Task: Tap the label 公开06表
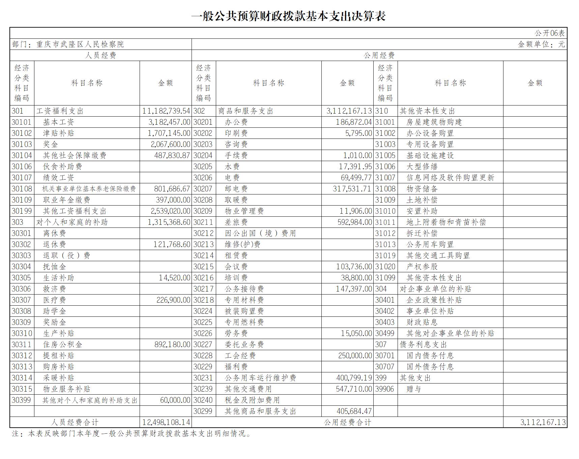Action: tap(549, 33)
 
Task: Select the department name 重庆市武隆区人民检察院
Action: tap(80, 44)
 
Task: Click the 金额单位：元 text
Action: tap(541, 44)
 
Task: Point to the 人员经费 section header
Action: tap(100, 55)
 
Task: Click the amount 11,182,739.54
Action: tap(166, 111)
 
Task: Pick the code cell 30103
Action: tap(22, 144)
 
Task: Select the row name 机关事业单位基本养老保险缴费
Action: tap(89, 189)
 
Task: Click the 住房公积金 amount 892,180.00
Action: tap(172, 344)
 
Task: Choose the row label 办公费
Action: tap(236, 122)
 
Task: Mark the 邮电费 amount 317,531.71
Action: tap(352, 189)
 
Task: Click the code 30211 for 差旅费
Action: tap(203, 222)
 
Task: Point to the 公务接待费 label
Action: tap(244, 289)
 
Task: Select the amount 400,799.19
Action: tap(354, 378)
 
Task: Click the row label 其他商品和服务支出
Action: tap(260, 411)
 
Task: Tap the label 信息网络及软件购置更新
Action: tap(450, 178)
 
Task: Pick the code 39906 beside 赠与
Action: tap(385, 389)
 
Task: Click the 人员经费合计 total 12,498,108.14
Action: tap(166, 422)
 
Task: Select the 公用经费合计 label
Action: tap(347, 422)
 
